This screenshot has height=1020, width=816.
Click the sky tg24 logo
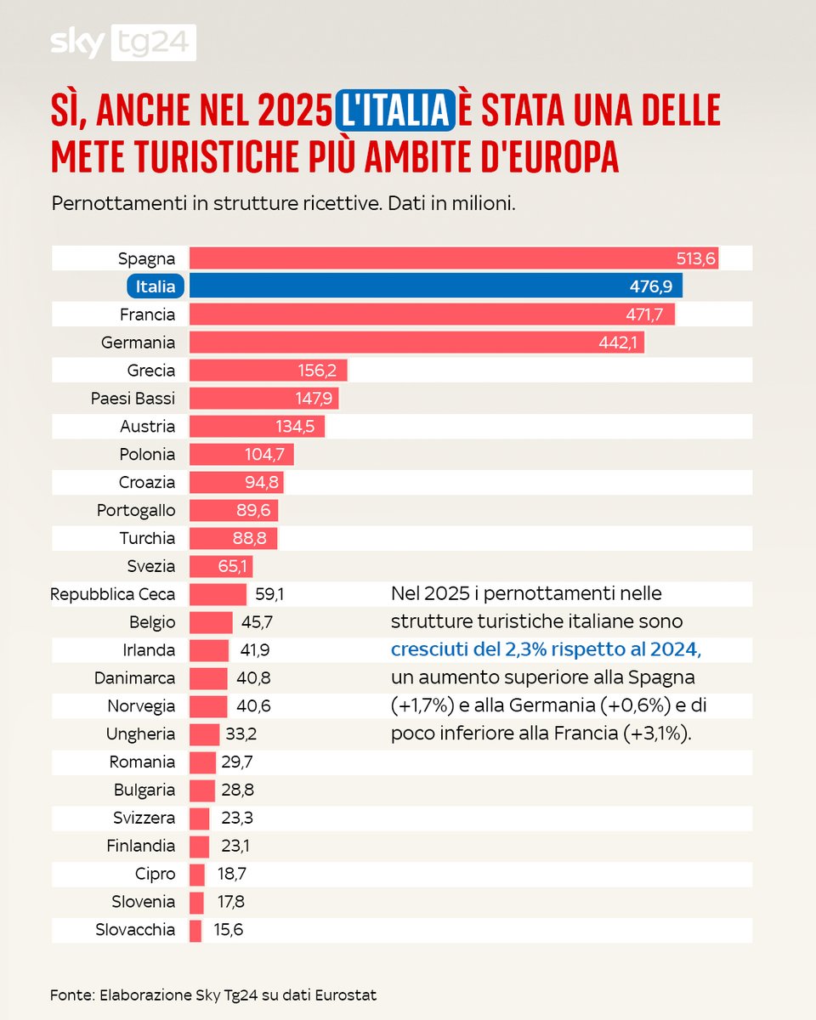point(124,42)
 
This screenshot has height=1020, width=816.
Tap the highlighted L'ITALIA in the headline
point(392,110)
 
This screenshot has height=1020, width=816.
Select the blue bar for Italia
point(435,286)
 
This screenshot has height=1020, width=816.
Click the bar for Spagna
point(454,258)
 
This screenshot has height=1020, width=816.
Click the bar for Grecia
point(268,371)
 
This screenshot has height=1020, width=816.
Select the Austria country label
point(148,427)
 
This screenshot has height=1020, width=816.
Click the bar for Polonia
point(241,455)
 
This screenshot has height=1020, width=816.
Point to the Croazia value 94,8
point(259,483)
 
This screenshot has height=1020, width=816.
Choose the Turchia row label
point(147,538)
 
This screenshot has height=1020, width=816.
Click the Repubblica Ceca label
point(113,594)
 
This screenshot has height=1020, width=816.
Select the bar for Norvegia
point(208,706)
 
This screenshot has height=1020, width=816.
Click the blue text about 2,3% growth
point(546,650)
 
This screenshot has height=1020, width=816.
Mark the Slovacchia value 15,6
point(229,930)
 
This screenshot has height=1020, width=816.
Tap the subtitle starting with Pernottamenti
point(283,205)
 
